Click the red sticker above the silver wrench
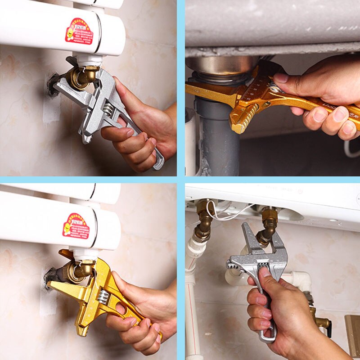[x=79, y=31]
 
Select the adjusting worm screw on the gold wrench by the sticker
[x=103, y=297]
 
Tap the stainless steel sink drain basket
[x=220, y=66]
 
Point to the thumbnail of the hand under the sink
[x=281, y=78]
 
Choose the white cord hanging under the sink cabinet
[x=351, y=149]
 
